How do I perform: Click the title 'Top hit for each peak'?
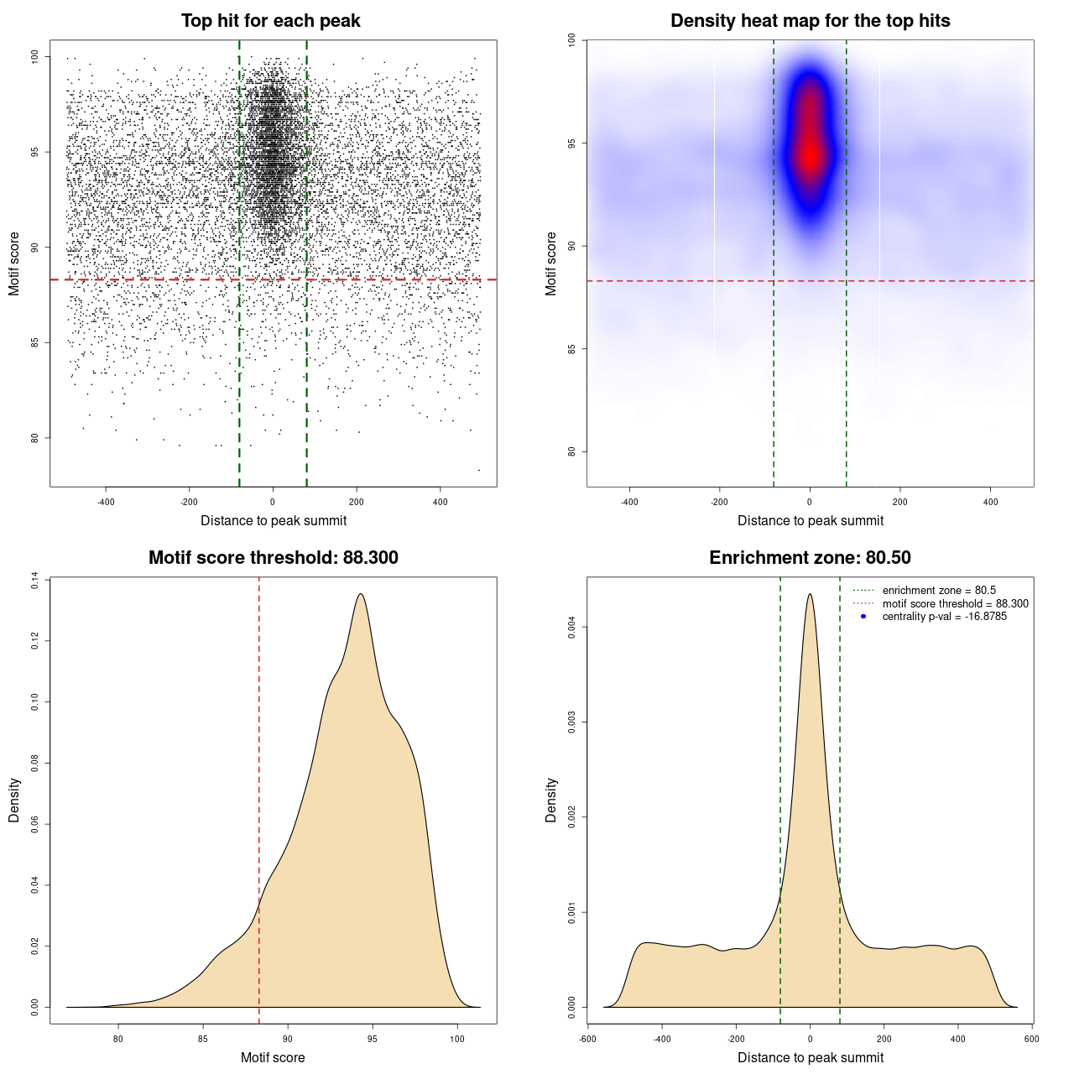[270, 21]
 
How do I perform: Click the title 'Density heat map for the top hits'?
[810, 21]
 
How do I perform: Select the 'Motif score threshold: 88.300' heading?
[273, 558]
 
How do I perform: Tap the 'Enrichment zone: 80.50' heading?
[810, 558]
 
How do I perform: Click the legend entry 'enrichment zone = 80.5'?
[939, 591]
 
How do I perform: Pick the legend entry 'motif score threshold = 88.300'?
[955, 603]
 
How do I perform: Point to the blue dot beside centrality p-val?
[863, 617]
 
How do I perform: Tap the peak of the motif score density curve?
[361, 594]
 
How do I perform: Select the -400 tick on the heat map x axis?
[628, 502]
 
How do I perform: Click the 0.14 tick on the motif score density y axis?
[34, 581]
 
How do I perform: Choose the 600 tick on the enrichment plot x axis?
[1031, 1039]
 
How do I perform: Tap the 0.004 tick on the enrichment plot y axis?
[571, 628]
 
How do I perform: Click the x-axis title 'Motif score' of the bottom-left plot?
[273, 1057]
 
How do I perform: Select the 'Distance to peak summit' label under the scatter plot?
[274, 520]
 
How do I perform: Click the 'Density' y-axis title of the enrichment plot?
[551, 800]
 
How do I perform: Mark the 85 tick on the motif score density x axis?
[203, 1039]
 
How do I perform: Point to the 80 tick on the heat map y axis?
[571, 451]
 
